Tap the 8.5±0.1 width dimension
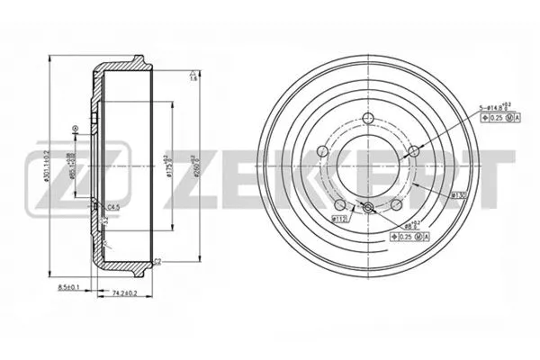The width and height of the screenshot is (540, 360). coord(68,288)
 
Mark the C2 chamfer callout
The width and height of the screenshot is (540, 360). coord(157,262)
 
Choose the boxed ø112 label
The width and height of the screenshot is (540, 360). coord(340,217)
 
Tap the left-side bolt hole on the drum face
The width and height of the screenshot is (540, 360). coord(322,151)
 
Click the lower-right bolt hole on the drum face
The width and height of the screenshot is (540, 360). coord(395,205)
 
